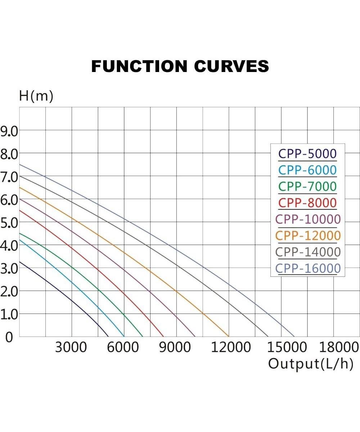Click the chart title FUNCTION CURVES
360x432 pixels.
180,67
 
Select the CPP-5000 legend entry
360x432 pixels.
307,154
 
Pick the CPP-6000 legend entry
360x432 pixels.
307,170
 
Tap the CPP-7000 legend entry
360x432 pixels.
307,186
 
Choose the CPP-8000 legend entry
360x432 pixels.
307,203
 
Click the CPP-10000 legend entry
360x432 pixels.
308,219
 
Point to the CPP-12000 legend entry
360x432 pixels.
308,235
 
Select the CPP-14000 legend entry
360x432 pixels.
308,252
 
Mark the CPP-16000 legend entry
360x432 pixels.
308,269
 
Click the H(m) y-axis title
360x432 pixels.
36,96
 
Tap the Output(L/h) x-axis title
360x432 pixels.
310,364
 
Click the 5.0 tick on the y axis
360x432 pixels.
9,222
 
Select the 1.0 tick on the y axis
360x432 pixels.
9,314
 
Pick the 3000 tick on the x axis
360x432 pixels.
71,347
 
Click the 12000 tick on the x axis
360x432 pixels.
231,347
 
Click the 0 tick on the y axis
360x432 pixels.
8,337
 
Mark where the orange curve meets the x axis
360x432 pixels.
229,336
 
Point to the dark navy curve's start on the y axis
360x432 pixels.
19,262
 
